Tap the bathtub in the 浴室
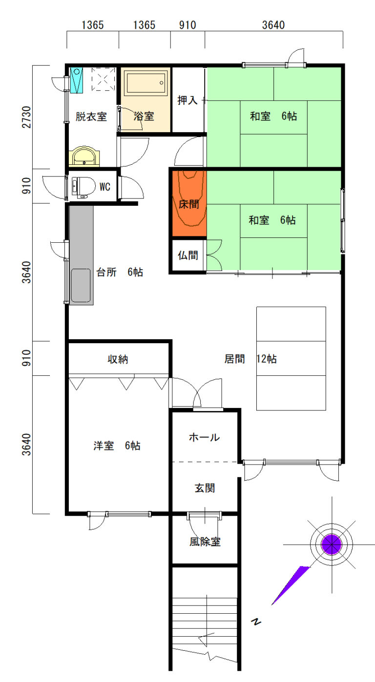tap(146, 83)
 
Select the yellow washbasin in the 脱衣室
tap(84, 156)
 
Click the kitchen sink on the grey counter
tap(81, 286)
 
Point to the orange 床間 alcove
tap(189, 203)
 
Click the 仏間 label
tap(188, 255)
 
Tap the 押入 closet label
tap(187, 100)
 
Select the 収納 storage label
tap(118, 359)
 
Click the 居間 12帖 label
tap(250, 359)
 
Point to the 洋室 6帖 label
tap(117, 446)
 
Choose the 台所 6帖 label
tap(120, 272)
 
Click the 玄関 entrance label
tap(205, 488)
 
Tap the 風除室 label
tap(205, 542)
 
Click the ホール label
tap(204, 437)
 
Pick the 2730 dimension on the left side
tap(27, 117)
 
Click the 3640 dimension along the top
tap(273, 25)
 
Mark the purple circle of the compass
tap(332, 545)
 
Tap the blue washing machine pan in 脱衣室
tap(77, 80)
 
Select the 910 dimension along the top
tap(187, 25)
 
